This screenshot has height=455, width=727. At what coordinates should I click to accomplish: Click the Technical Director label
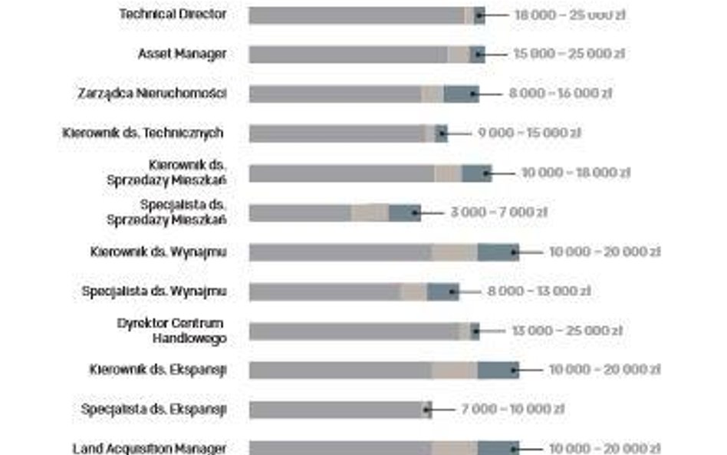(x=173, y=14)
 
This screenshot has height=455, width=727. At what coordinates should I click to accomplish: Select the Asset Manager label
(x=182, y=54)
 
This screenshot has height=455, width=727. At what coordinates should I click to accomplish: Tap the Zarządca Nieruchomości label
(x=152, y=94)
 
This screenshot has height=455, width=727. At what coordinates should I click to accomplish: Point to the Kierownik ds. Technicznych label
(x=143, y=133)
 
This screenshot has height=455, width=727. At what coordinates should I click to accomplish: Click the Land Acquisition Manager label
(x=150, y=448)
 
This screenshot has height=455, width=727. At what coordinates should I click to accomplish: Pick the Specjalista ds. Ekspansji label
(x=153, y=409)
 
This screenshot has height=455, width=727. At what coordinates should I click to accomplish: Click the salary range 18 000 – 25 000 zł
(x=559, y=15)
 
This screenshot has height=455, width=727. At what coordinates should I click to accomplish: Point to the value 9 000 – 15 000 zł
(x=529, y=133)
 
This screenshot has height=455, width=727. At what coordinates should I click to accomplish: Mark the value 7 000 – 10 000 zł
(x=512, y=409)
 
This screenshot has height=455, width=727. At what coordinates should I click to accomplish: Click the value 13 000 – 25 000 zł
(x=566, y=331)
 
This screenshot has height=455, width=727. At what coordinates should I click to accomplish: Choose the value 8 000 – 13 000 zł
(x=538, y=292)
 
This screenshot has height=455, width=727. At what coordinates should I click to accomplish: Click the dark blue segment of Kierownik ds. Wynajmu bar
(x=498, y=252)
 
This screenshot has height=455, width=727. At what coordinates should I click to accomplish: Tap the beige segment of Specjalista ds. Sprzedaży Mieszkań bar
(x=370, y=213)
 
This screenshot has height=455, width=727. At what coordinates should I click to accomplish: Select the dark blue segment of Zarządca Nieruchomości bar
(x=461, y=94)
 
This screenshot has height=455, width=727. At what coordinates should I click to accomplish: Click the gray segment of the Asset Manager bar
(x=348, y=54)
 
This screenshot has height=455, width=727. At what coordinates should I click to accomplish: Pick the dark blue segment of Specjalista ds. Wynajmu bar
(x=442, y=292)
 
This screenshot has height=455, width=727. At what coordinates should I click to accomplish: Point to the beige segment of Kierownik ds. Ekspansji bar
(x=455, y=370)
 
